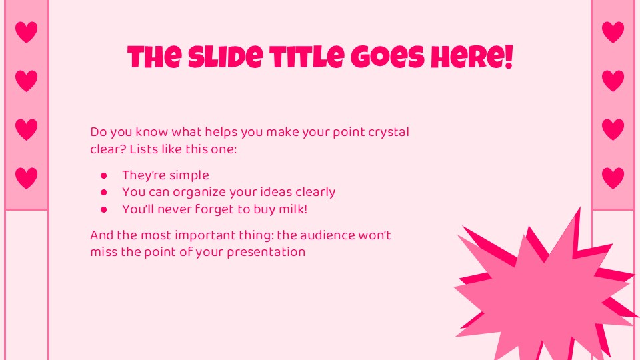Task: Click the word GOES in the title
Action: [x=388, y=59]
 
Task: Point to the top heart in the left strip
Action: [x=26, y=32]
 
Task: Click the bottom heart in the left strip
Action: [x=26, y=178]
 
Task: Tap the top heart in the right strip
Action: [x=613, y=32]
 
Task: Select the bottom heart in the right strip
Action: [x=613, y=178]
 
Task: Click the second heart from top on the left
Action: [x=26, y=81]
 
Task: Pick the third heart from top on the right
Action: [x=613, y=129]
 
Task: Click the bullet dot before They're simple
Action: [x=103, y=176]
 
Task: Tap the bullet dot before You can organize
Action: [x=103, y=193]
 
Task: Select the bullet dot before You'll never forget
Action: [x=103, y=209]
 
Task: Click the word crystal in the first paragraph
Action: [x=389, y=132]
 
